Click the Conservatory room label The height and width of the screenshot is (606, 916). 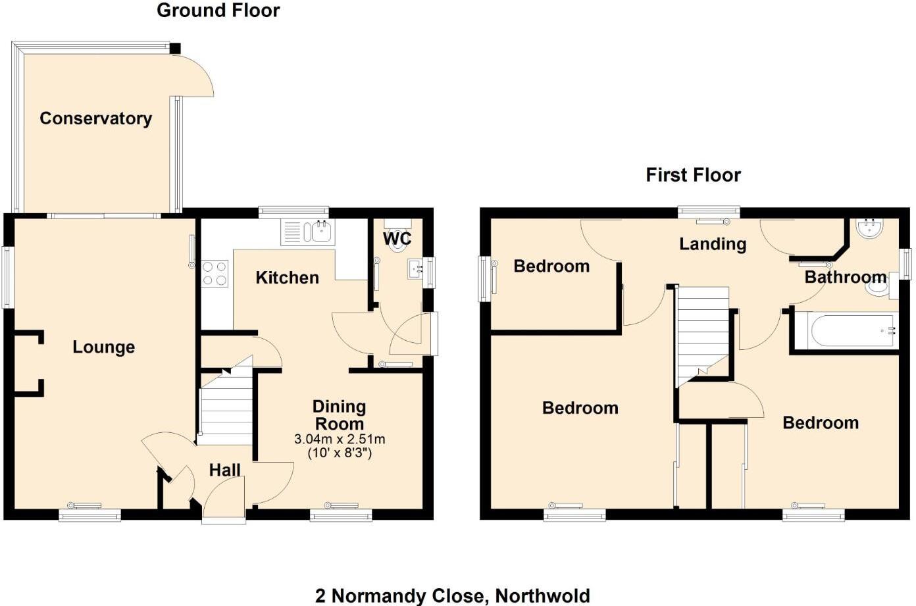click(96, 118)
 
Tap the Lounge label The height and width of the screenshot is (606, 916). click(103, 347)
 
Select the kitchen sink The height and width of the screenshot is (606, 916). click(321, 232)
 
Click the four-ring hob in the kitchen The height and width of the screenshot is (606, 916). click(215, 274)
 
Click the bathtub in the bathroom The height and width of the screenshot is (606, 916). click(845, 330)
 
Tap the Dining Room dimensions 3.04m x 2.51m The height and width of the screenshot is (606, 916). click(340, 439)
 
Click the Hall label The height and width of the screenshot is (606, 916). click(224, 470)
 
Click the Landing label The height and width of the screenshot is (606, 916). click(713, 244)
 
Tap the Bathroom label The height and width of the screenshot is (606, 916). click(845, 277)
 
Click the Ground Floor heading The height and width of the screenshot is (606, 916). click(218, 11)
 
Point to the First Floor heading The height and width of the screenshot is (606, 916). click(693, 175)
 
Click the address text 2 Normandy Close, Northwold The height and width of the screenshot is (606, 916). click(453, 596)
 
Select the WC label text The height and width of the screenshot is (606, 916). click(397, 238)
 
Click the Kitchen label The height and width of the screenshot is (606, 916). click(287, 278)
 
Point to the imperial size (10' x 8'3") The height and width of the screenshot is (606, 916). click(340, 453)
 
